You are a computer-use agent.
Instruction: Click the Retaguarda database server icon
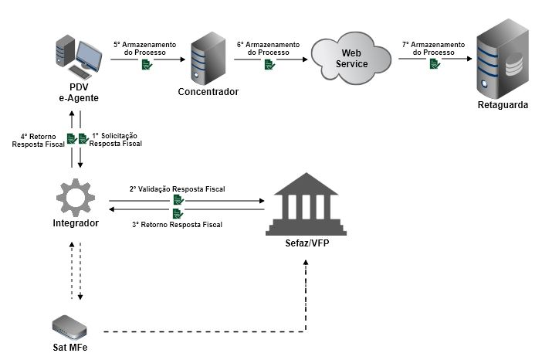[502, 58]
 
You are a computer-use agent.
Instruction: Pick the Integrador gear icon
[76, 196]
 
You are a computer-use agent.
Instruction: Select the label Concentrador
[208, 92]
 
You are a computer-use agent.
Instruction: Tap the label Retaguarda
[502, 105]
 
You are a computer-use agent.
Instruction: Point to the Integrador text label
[76, 224]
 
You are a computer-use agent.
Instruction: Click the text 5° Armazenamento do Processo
[145, 47]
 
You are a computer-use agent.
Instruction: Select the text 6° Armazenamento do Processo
[269, 47]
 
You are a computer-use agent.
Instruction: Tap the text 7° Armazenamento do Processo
[434, 47]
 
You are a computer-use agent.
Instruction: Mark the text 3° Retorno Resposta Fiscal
[178, 225]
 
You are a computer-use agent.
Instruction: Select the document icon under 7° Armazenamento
[435, 65]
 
